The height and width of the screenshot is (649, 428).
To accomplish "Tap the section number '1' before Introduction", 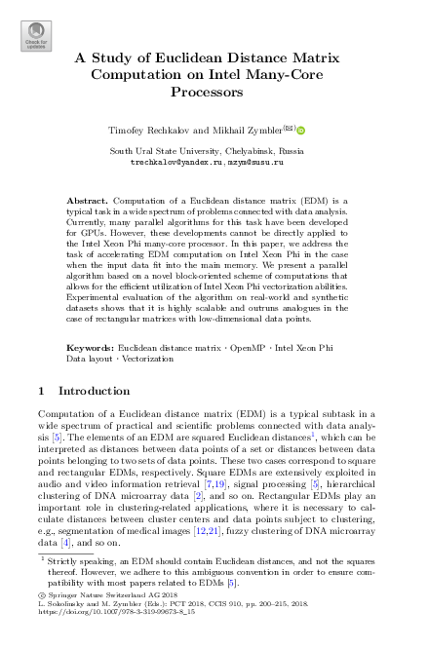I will pos(40,392).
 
